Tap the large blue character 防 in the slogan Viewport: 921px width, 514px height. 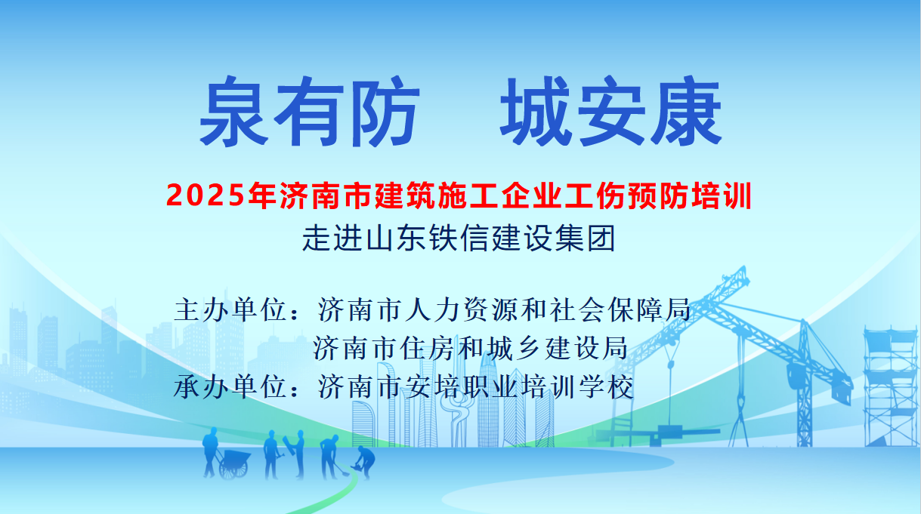point(387,112)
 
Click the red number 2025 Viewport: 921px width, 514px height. point(206,196)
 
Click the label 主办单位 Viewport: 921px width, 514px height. point(230,310)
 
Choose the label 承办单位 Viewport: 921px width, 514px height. point(230,387)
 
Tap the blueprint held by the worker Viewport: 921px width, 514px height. point(291,445)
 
